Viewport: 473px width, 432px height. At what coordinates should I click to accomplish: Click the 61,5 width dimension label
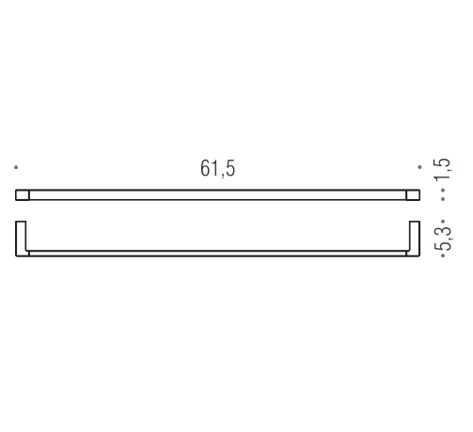point(217,169)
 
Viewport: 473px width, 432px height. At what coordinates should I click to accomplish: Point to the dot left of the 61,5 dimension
point(16,168)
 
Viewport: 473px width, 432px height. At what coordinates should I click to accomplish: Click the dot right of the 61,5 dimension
point(419,168)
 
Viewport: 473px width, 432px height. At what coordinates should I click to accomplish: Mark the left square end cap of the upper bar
point(24,195)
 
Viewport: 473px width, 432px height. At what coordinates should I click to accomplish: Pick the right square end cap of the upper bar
point(412,195)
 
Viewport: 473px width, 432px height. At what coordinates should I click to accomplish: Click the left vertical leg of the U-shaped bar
point(22,239)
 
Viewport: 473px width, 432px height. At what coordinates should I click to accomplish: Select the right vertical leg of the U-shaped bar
point(414,239)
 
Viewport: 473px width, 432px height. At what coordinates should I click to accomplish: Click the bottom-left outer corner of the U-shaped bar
point(17,255)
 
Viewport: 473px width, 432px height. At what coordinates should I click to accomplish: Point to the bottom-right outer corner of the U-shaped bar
point(418,255)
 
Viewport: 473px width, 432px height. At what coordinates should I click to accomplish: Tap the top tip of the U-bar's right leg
point(414,222)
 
